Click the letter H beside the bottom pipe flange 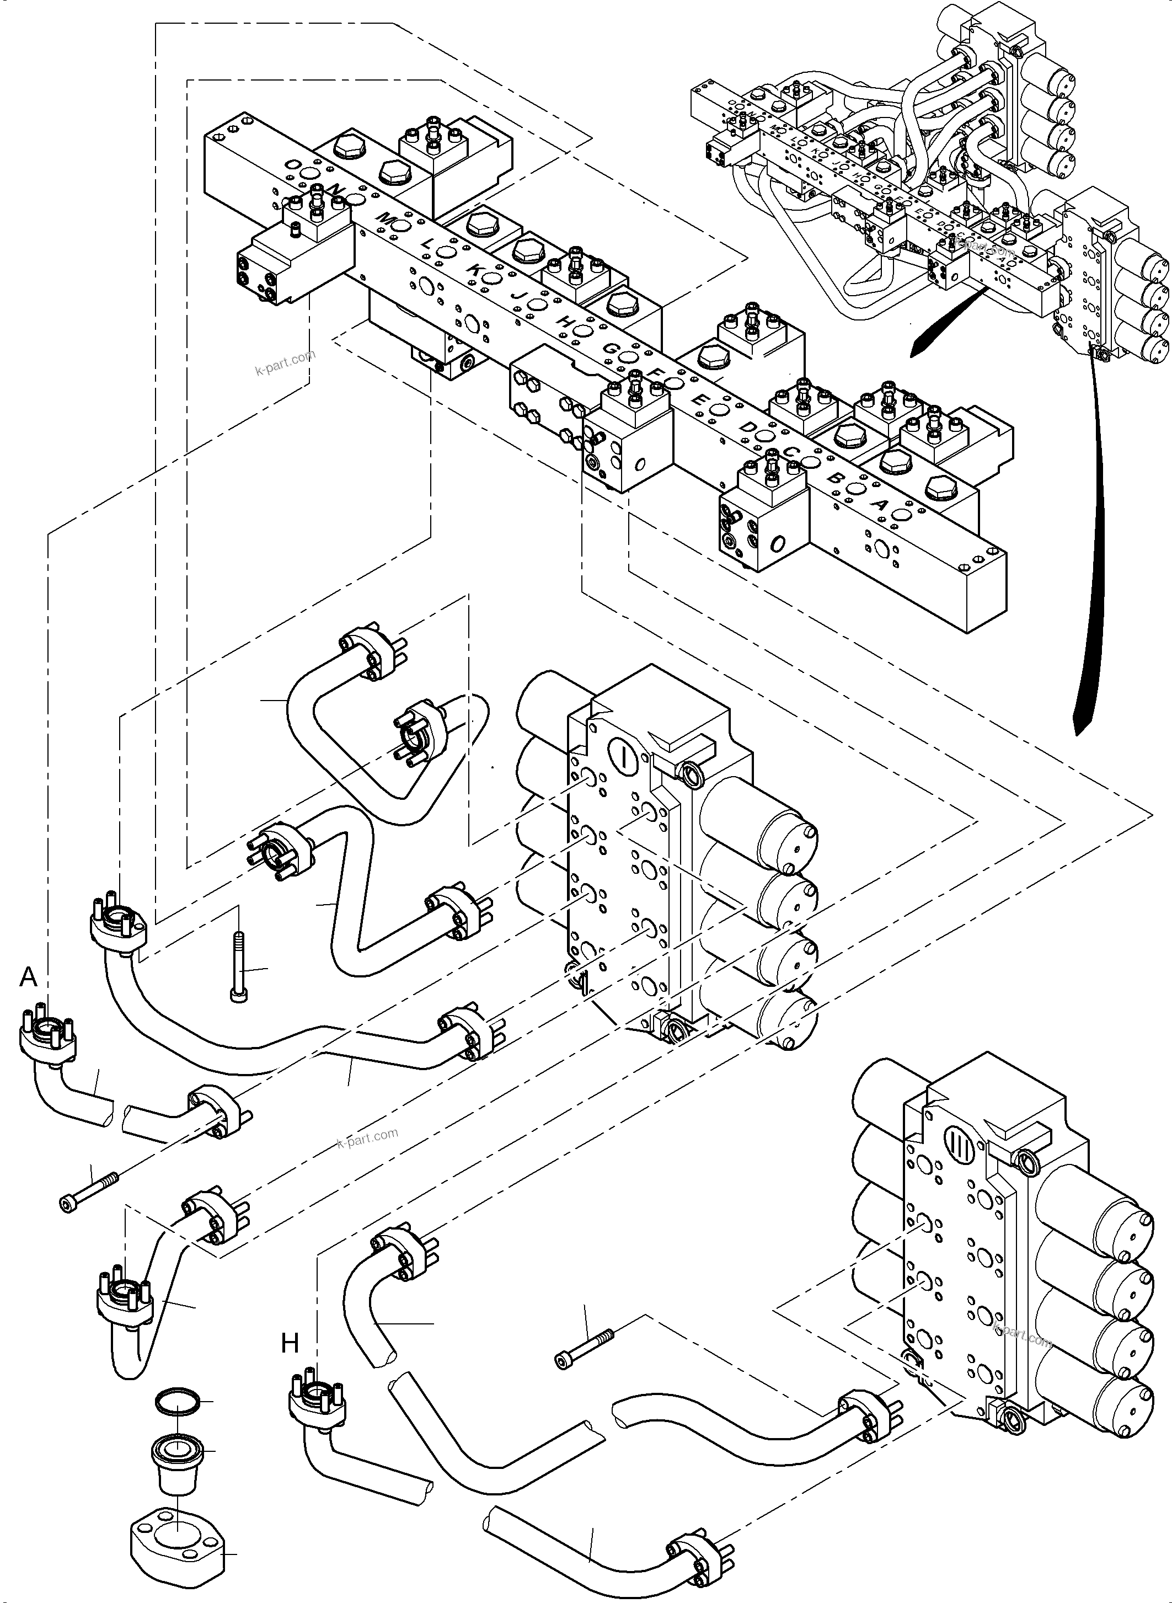(290, 1342)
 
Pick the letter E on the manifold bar (698, 400)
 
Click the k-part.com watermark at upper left (284, 365)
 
